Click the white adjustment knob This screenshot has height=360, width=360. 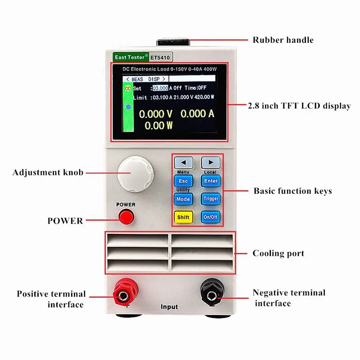tap(135, 173)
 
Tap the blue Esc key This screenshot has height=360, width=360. tap(183, 181)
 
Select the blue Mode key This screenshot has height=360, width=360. tap(183, 199)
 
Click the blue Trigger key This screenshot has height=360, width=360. tap(210, 199)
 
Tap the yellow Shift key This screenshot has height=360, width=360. tap(183, 217)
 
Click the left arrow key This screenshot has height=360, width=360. tap(183, 162)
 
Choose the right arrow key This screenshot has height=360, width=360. tap(210, 162)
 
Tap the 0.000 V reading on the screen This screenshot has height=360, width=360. tap(155, 114)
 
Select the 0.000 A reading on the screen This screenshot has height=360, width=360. tap(197, 114)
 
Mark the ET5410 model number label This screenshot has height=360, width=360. tap(161, 58)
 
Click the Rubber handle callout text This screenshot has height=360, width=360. tap(283, 40)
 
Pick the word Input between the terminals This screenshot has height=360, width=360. tap(169, 307)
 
